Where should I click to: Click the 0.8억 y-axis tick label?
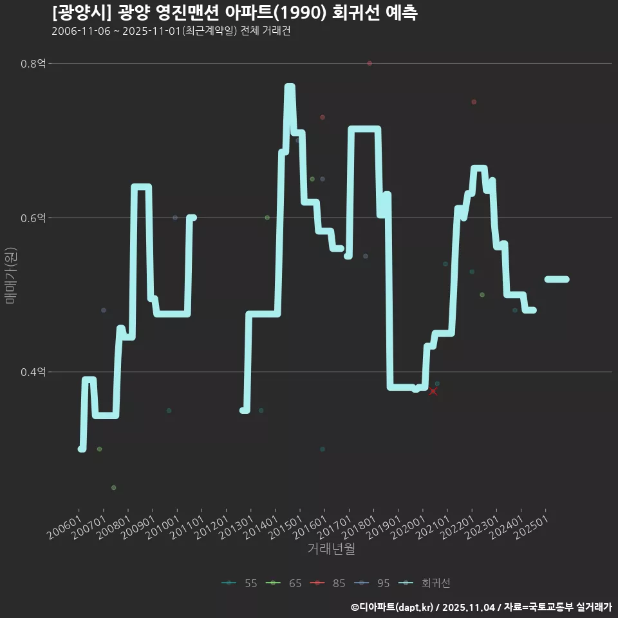coord(33,64)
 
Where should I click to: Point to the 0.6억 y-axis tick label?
coord(33,218)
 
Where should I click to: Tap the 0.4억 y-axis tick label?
coord(33,372)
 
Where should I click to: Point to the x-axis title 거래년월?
coord(331,548)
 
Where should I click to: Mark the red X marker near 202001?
coord(433,391)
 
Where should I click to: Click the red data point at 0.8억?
coord(370,63)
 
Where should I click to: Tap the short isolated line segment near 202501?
coord(557,279)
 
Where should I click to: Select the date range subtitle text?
coord(171,32)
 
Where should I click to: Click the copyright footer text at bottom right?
coord(481,607)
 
